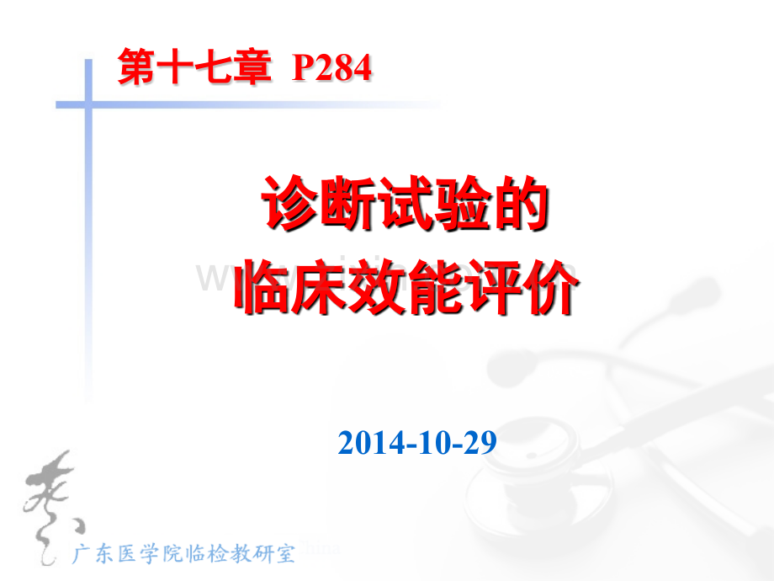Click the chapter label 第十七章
pyautogui.click(x=196, y=68)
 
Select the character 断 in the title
pyautogui.click(x=347, y=205)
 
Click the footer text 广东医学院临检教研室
pyautogui.click(x=184, y=553)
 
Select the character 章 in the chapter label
pyautogui.click(x=255, y=68)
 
